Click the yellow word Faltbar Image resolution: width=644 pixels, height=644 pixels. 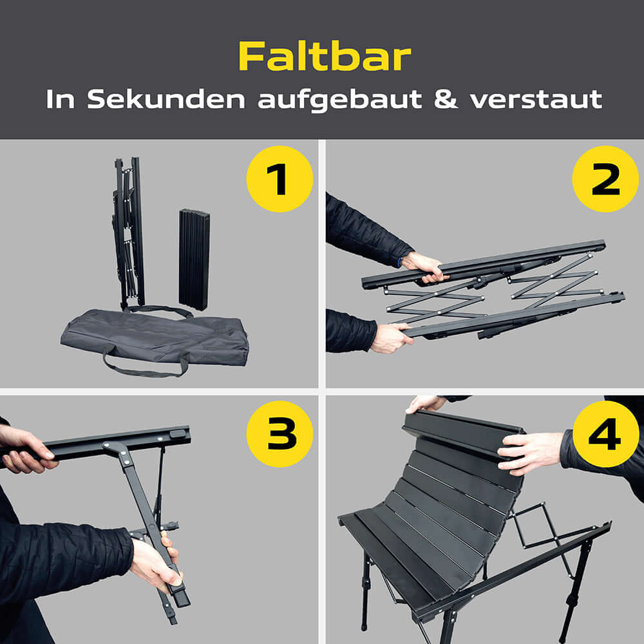(324, 57)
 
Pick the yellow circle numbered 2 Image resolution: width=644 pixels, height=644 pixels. (605, 178)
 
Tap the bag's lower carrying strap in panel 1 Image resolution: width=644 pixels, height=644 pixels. (145, 370)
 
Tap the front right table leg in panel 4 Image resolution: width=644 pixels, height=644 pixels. (571, 592)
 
